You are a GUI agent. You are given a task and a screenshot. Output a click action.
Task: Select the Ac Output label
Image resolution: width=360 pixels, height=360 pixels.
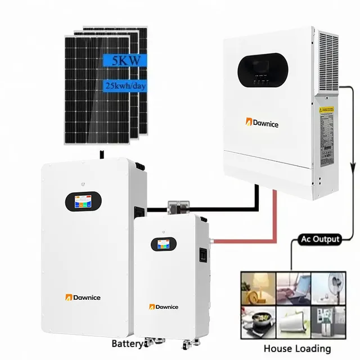tap(318, 240)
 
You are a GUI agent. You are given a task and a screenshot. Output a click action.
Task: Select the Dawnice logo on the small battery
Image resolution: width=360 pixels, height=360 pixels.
tap(164, 307)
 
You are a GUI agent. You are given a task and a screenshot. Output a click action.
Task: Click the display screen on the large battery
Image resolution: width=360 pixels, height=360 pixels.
tap(84, 201)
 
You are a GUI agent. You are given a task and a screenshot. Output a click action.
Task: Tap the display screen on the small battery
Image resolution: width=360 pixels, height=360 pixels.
tap(163, 245)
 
